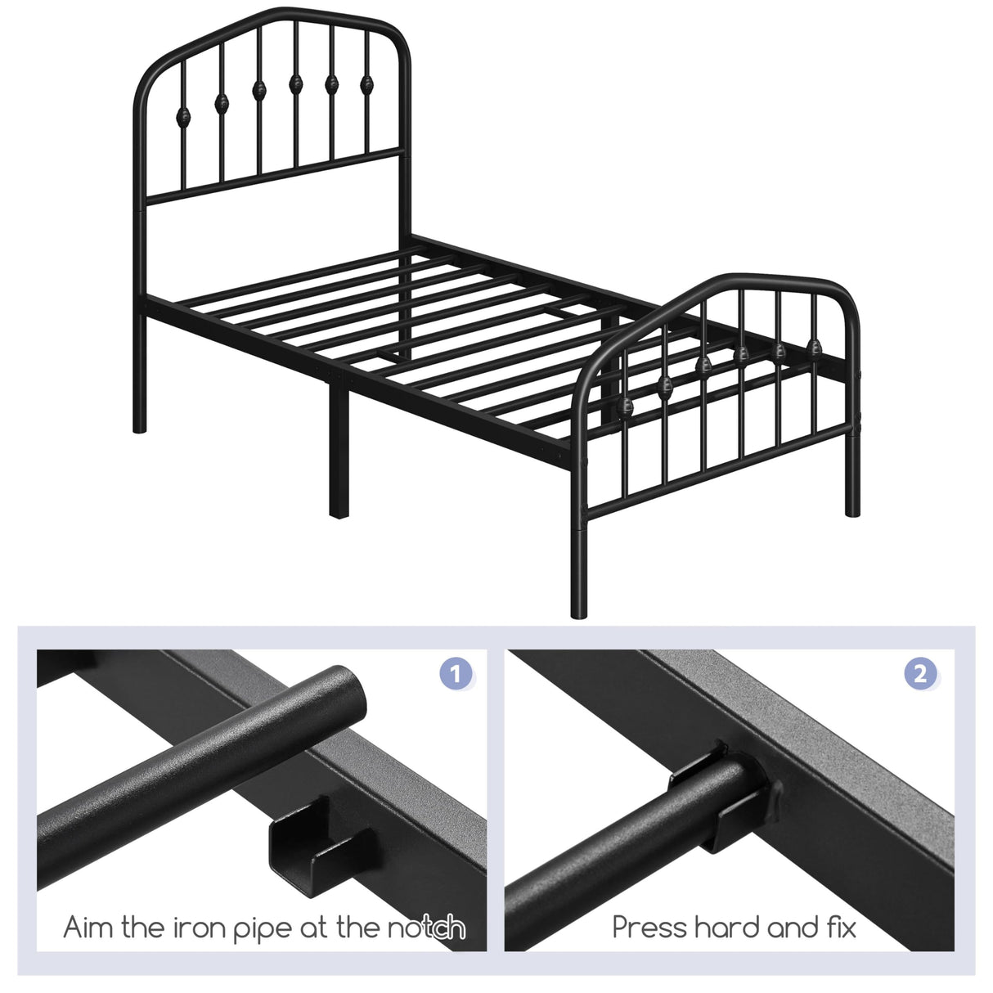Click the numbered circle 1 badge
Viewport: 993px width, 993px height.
(456, 674)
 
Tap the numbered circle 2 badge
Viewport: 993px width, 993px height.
(920, 674)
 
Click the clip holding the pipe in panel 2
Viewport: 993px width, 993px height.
(720, 798)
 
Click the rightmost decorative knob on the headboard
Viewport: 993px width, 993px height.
(367, 83)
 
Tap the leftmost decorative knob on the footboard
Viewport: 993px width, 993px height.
(627, 407)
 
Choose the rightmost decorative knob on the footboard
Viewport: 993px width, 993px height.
(815, 347)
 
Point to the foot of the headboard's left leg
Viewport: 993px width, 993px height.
(140, 425)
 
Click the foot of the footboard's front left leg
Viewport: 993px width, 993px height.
(579, 609)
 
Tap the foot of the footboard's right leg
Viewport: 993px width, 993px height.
(852, 509)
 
